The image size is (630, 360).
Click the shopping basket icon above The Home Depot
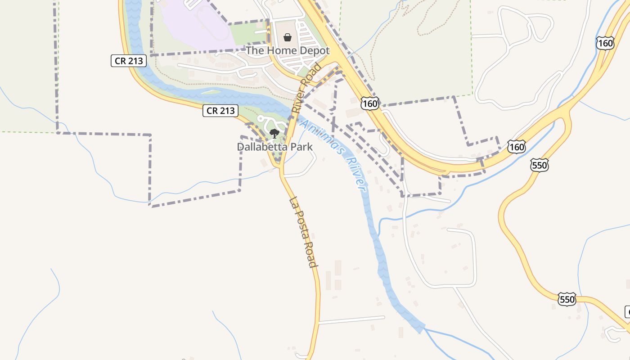pos(288,37)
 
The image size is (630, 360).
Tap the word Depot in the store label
pos(314,50)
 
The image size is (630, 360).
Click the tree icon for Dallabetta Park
pos(274,133)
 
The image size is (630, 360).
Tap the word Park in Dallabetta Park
pos(302,147)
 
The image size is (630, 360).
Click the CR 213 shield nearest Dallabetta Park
pos(220,110)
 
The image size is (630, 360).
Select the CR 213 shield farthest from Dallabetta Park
pos(129,60)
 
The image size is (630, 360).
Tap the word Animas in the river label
pos(320,135)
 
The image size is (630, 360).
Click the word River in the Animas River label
pos(356,173)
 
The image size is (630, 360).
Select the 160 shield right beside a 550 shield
pos(517,147)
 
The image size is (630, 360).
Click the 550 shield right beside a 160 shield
pos(539,165)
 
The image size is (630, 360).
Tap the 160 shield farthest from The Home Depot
pos(605,43)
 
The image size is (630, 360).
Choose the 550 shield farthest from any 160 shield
pos(567,299)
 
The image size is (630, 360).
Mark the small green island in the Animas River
pos(211,92)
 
